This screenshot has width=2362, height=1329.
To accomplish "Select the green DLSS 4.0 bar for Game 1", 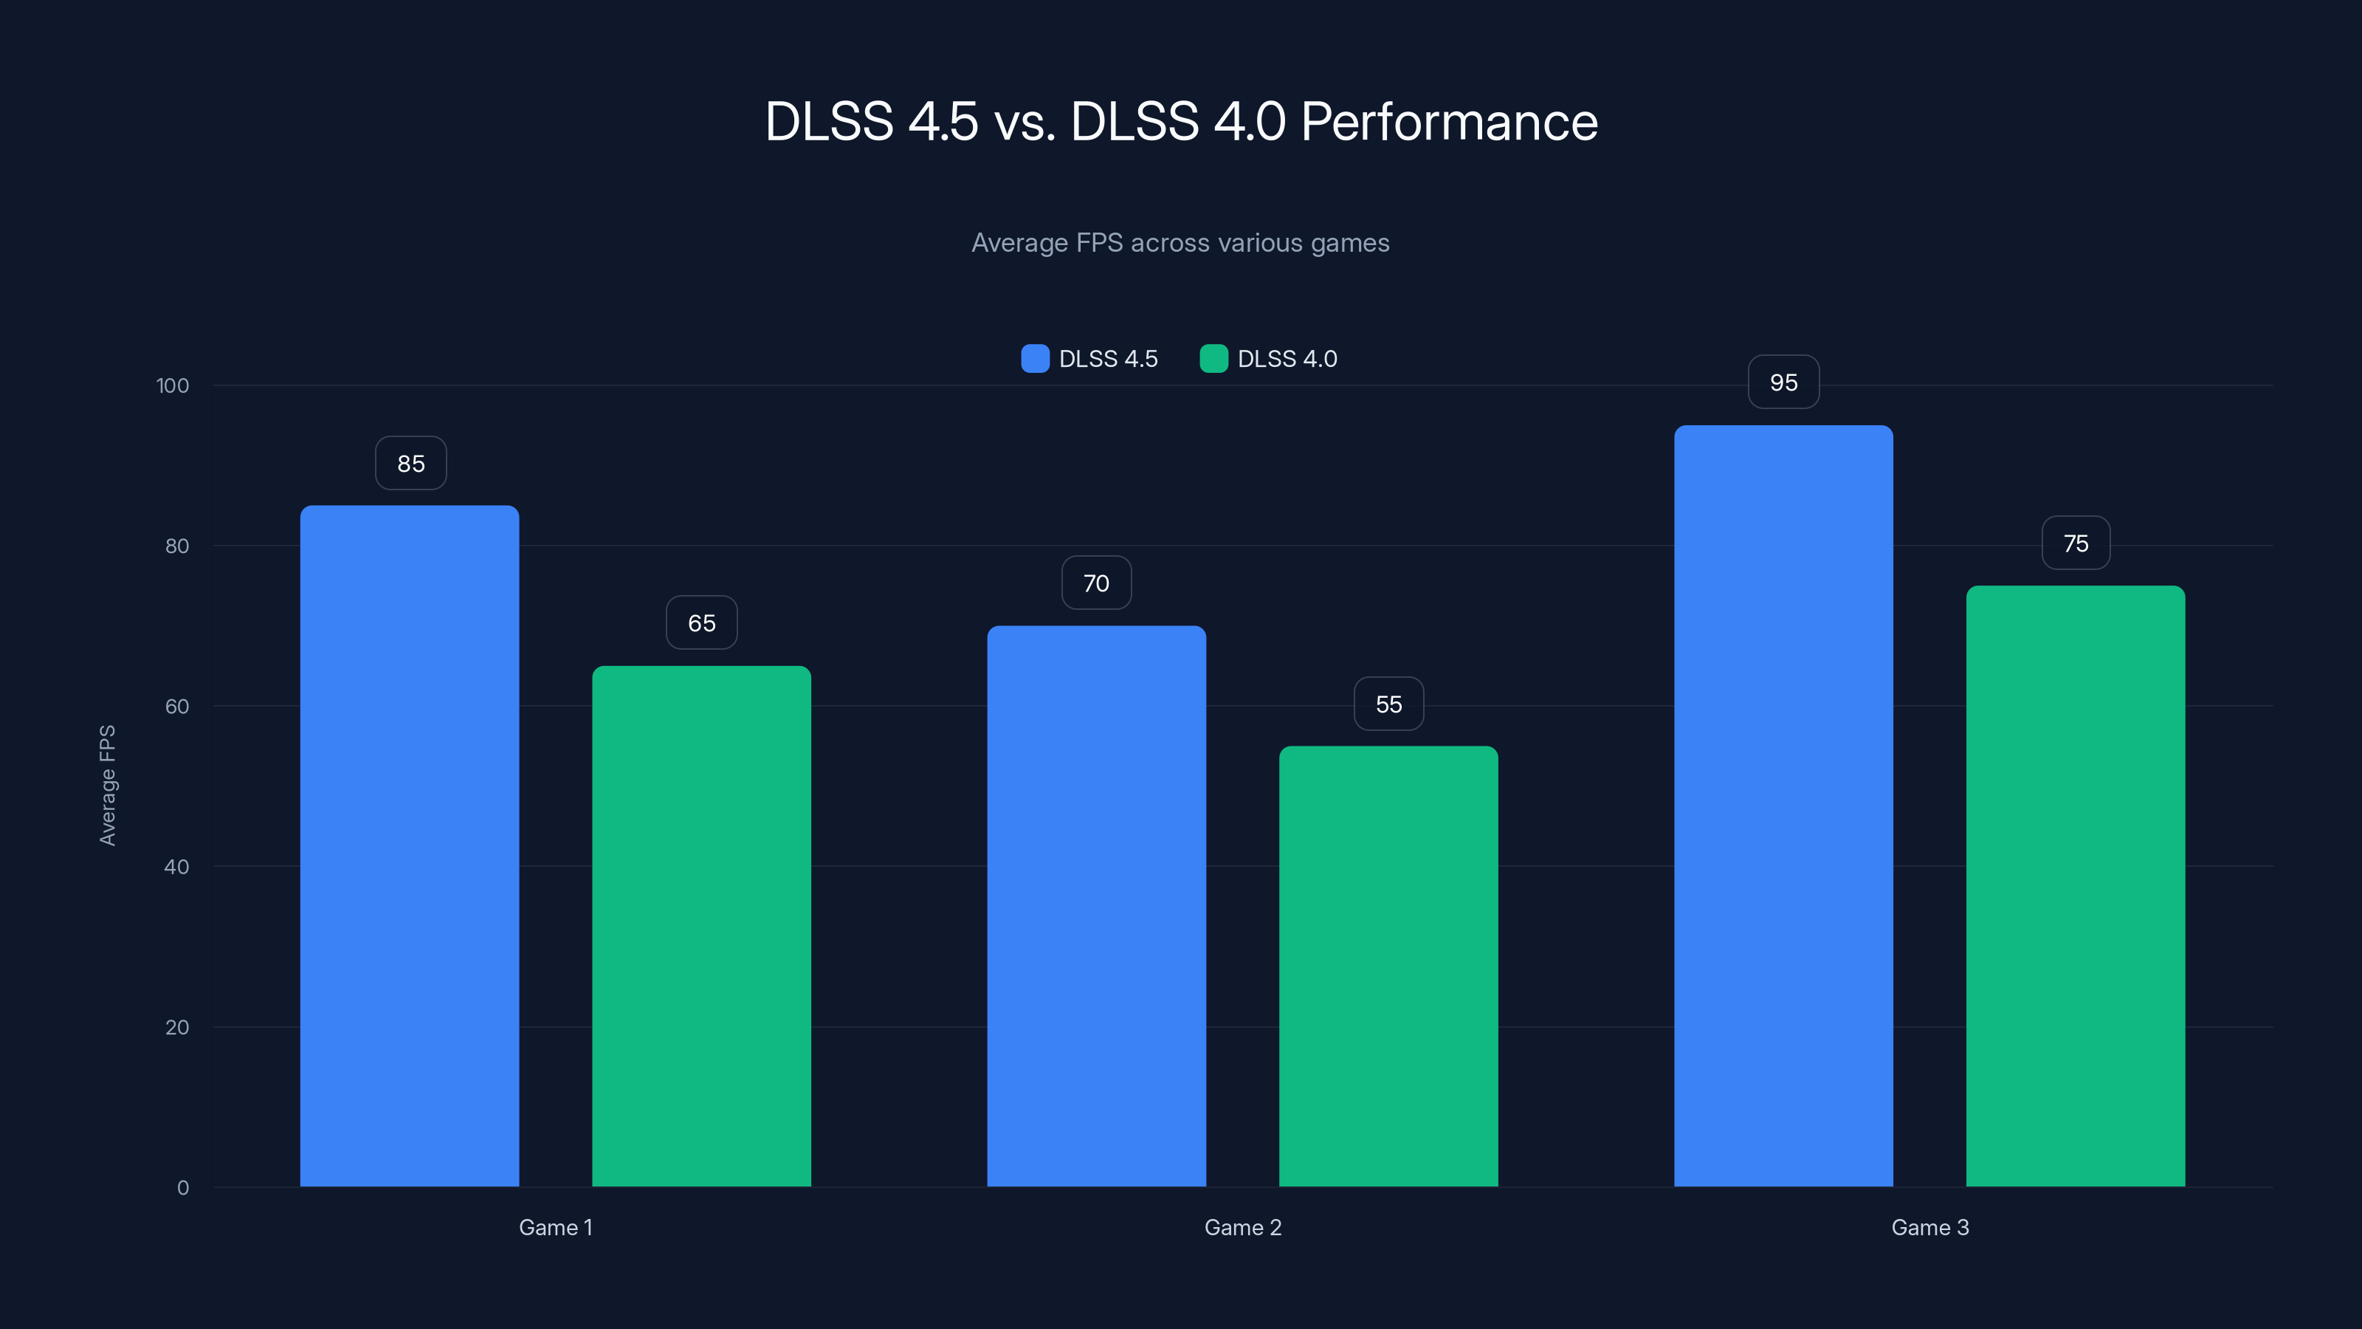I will click(x=701, y=927).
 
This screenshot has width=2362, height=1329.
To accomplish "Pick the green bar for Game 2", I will click(x=1388, y=966).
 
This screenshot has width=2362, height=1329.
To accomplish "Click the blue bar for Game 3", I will click(x=1783, y=806).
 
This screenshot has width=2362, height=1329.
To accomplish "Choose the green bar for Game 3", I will click(x=2075, y=885).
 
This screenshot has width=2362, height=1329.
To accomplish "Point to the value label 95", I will click(x=1783, y=382).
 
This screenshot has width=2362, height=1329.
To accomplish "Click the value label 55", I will click(x=1388, y=704).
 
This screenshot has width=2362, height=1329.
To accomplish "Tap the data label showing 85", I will click(x=411, y=463).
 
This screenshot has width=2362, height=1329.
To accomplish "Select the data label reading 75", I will click(x=2076, y=543).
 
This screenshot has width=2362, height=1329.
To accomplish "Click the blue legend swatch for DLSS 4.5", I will click(x=1034, y=359).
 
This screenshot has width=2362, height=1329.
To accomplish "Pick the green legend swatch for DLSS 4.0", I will click(x=1213, y=359).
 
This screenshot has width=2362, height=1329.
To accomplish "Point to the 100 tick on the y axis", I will click(x=173, y=386).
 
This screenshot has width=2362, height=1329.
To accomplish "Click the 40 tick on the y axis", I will click(x=176, y=867).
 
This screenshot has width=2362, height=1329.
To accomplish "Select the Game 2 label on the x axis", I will click(x=1242, y=1227).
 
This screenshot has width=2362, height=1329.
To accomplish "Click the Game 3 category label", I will click(x=1929, y=1227).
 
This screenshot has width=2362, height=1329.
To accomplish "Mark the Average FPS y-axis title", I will click(x=107, y=785).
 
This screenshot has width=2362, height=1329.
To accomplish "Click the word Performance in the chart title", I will click(x=1449, y=122).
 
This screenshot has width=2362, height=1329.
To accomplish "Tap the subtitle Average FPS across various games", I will click(x=1180, y=243).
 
